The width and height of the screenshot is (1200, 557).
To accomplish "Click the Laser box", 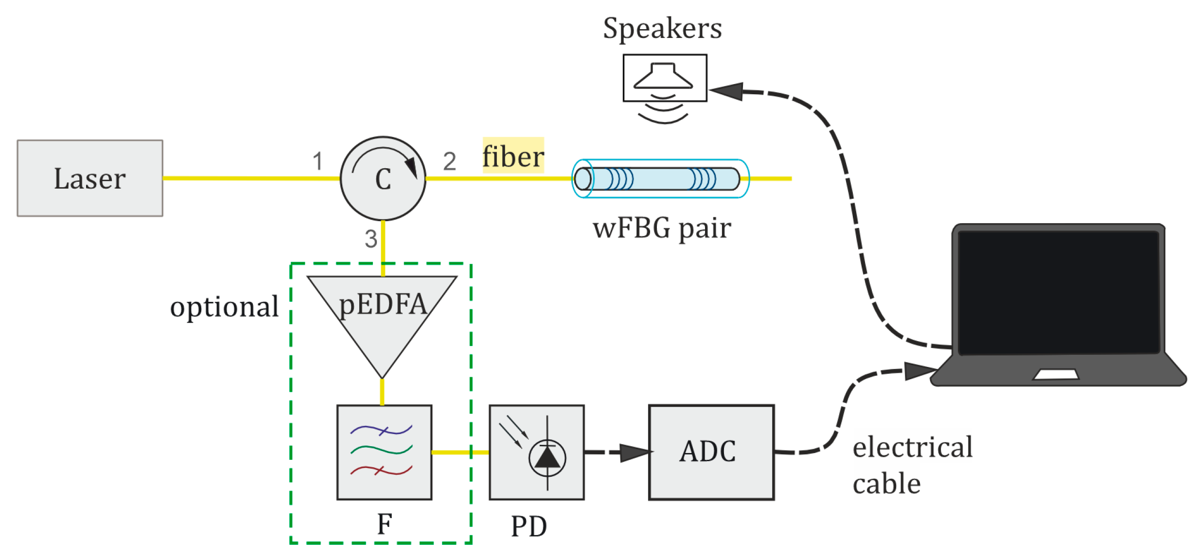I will pyautogui.click(x=90, y=178).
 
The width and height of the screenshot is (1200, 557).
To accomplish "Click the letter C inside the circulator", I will pyautogui.click(x=383, y=179).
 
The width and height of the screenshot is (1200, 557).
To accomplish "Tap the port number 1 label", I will pyautogui.click(x=318, y=161).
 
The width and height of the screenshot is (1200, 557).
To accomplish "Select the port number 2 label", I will pyautogui.click(x=450, y=161).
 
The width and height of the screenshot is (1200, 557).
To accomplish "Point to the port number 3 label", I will pyautogui.click(x=371, y=239).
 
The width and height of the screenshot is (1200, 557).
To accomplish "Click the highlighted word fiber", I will pyautogui.click(x=513, y=157).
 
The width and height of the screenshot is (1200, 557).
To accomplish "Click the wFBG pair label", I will pyautogui.click(x=662, y=228).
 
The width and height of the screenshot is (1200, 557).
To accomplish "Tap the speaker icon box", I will pyautogui.click(x=665, y=78).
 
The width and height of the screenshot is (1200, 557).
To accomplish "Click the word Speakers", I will pyautogui.click(x=662, y=28).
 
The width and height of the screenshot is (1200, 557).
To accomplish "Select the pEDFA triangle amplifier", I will pyautogui.click(x=382, y=316).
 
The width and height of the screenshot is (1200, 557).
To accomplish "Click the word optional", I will pyautogui.click(x=224, y=307).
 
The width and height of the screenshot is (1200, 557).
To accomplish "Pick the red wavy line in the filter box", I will pyautogui.click(x=381, y=470).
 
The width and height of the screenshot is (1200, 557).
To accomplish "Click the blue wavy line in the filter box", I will pyautogui.click(x=381, y=430).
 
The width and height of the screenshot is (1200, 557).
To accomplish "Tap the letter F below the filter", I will pyautogui.click(x=385, y=524).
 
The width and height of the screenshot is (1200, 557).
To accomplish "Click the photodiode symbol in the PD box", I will pyautogui.click(x=547, y=457).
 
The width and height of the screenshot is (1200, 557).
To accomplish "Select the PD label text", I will pyautogui.click(x=529, y=526).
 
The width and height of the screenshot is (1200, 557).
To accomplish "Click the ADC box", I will pyautogui.click(x=711, y=452).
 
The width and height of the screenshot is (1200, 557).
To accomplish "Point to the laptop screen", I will pyautogui.click(x=1058, y=292).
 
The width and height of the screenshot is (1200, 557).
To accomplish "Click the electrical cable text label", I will pyautogui.click(x=912, y=465).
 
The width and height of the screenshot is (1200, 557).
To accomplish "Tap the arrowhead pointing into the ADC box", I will pyautogui.click(x=635, y=453).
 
